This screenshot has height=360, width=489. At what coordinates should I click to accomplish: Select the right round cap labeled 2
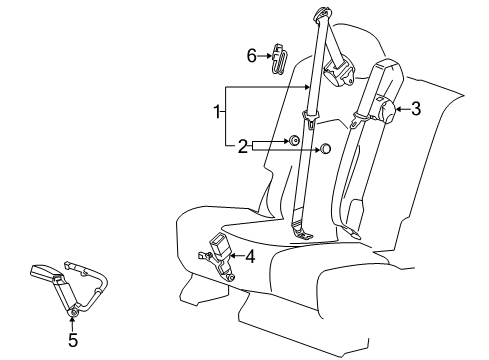pos(326,150)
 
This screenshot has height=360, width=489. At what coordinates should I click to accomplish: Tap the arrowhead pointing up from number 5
pos(72,324)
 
